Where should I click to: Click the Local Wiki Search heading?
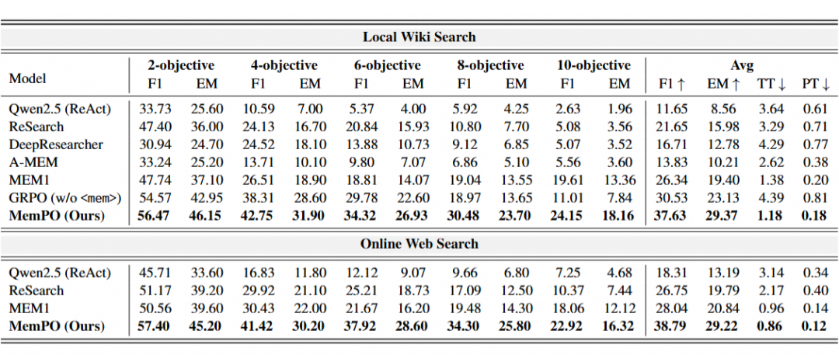[419, 37]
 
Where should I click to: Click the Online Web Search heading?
[419, 244]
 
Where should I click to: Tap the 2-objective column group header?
[181, 65]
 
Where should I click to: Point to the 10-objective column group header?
[594, 65]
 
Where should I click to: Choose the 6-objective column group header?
[387, 65]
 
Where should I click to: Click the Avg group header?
[741, 65]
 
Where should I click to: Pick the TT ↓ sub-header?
[769, 83]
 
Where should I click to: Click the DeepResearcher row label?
[55, 144]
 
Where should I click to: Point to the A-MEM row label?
[33, 162]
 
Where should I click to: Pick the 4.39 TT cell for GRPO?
[769, 198]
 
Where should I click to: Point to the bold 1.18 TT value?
[769, 216]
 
